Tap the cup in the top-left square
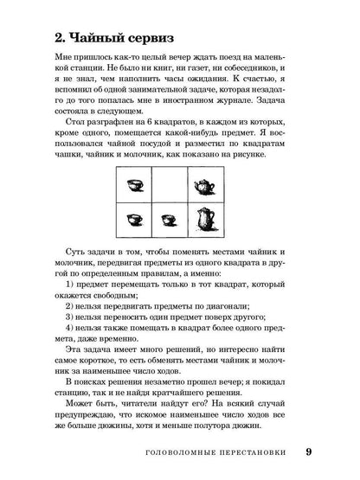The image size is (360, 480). [x=135, y=187]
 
